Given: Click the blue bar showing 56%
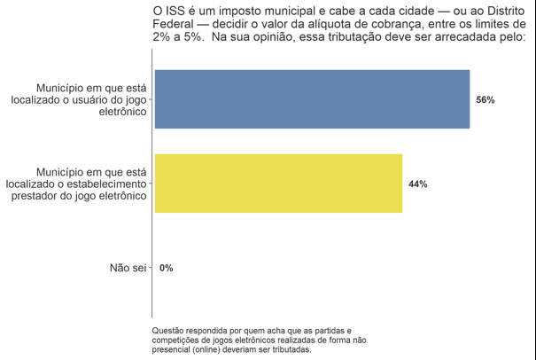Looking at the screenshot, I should tap(312, 99).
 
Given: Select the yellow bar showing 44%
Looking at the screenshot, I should tap(278, 184).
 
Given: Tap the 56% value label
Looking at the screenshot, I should tap(485, 100).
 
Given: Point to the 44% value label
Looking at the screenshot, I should tap(417, 184).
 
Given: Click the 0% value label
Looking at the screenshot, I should tap(167, 268).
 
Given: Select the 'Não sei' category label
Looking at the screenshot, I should tap(127, 268).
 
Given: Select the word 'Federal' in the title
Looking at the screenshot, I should tap(174, 24).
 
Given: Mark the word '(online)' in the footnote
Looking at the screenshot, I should tap(206, 349).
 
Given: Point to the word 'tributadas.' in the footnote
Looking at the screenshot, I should tap(290, 349).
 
